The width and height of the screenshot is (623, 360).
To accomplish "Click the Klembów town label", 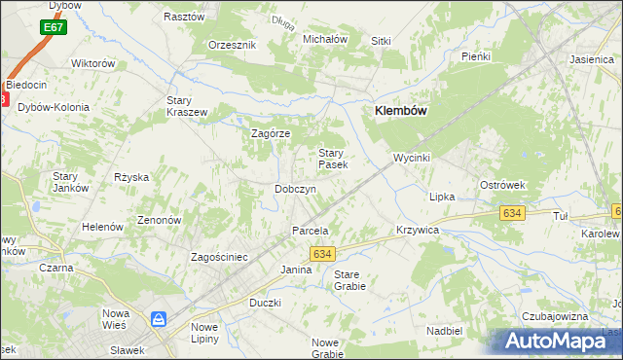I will tap(401, 112).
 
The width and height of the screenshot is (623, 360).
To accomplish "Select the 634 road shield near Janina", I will tap(323, 253).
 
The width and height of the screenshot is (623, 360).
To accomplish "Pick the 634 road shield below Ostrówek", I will tap(510, 212).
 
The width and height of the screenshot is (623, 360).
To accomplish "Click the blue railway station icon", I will tap(158, 319).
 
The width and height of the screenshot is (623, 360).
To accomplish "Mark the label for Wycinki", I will tap(412, 157).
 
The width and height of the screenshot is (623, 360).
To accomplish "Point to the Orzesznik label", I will tap(232, 45).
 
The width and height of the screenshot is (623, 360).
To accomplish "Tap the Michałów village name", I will tap(325, 39).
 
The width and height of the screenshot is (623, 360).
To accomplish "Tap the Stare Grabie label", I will tap(349, 280).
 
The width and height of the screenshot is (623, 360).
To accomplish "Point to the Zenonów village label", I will tap(160, 221).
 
